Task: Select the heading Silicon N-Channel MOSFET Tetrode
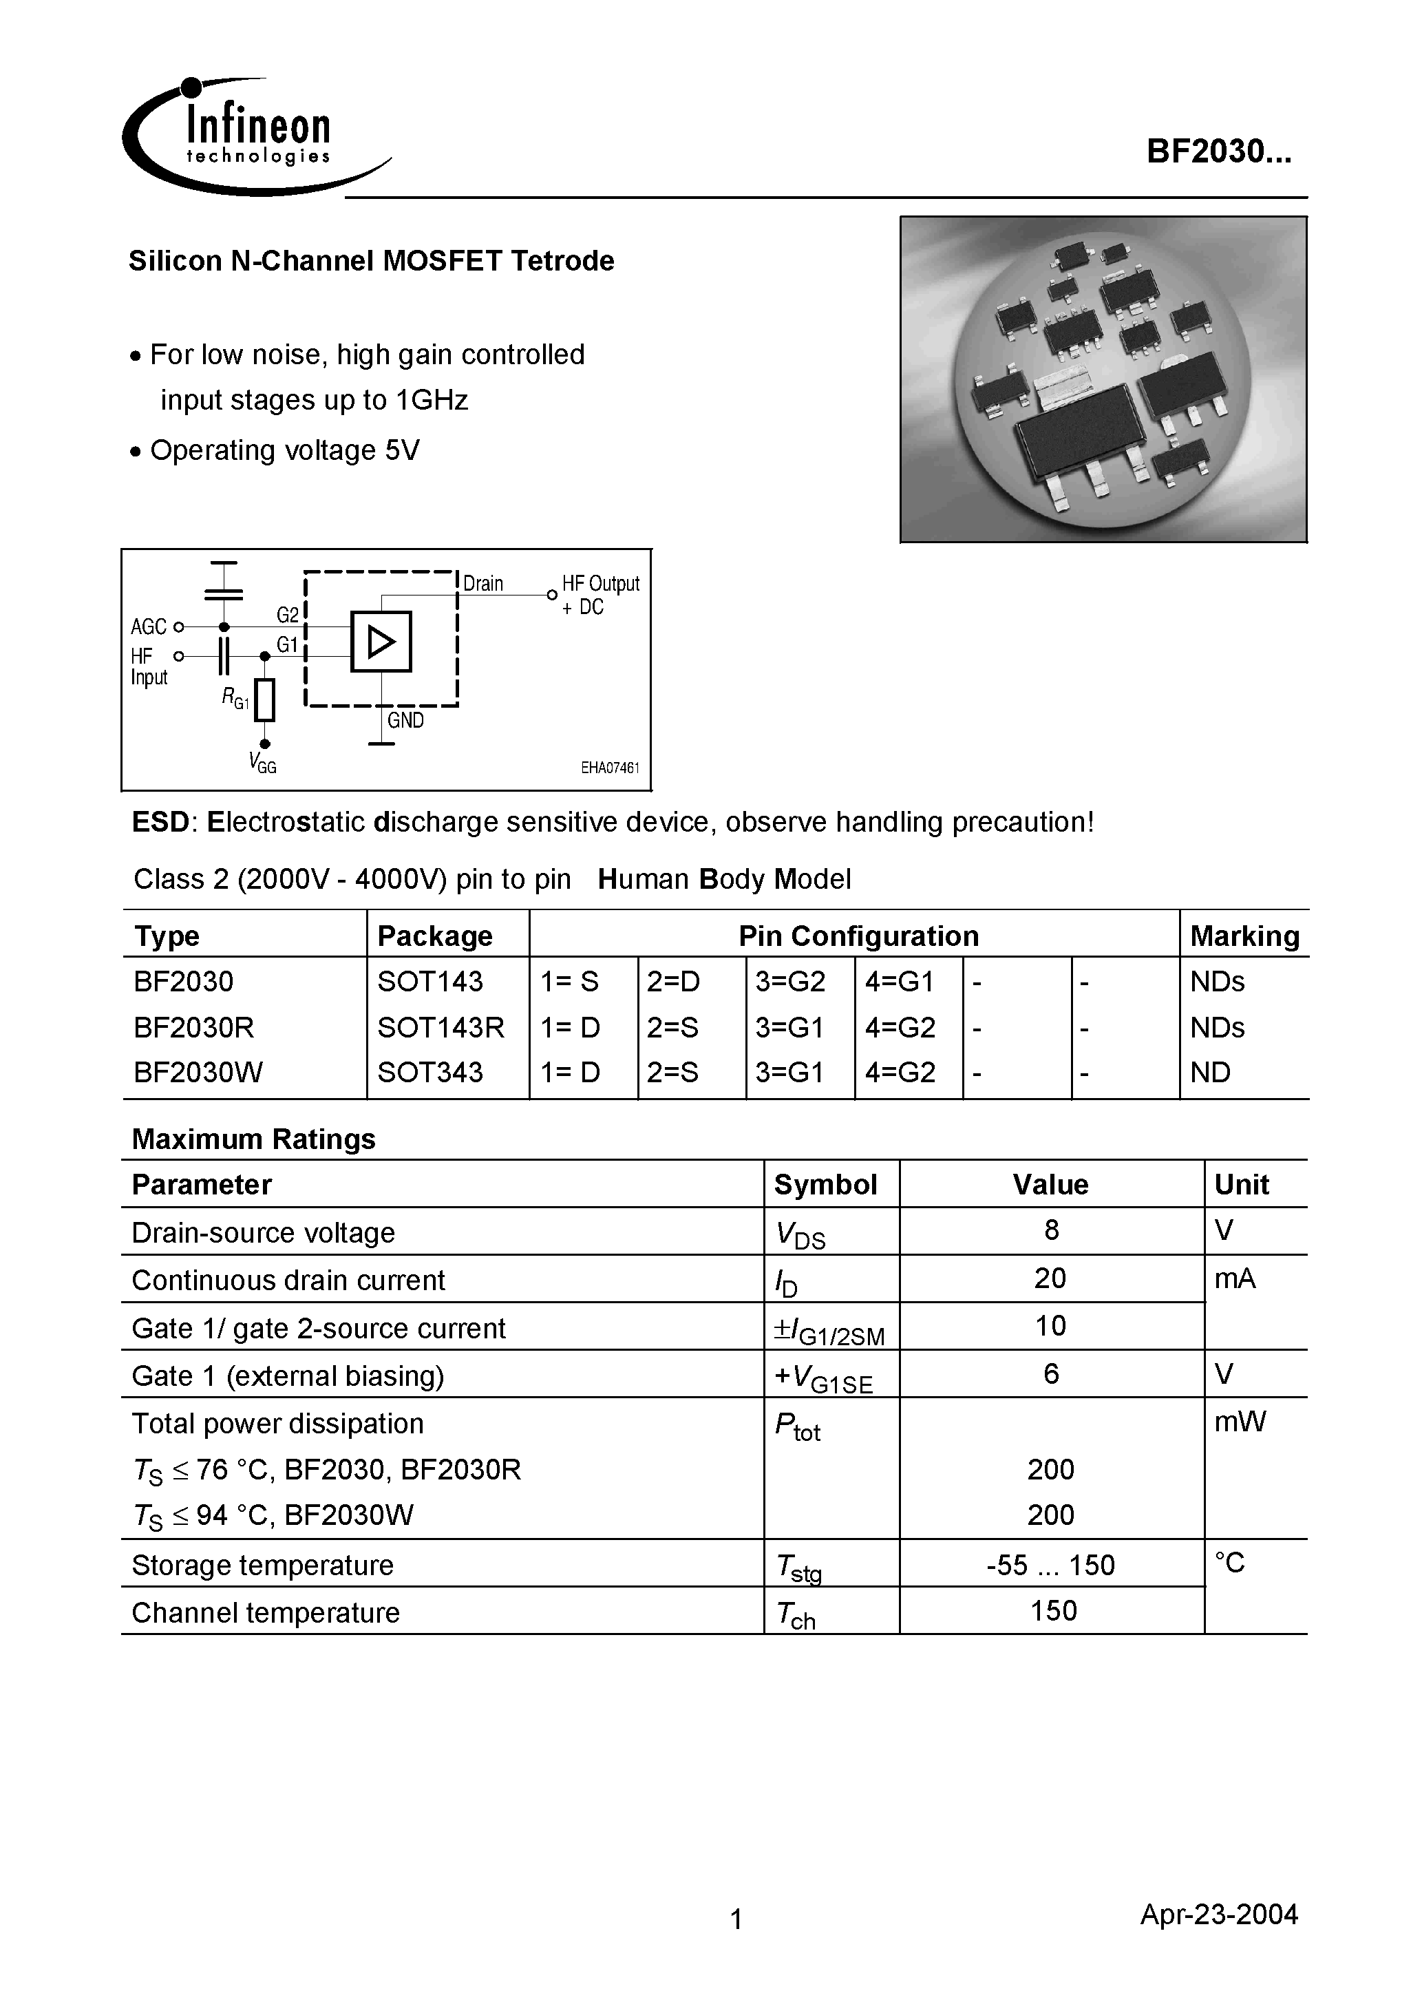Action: [371, 262]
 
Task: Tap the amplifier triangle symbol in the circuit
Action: [381, 642]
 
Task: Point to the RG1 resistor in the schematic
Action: [265, 699]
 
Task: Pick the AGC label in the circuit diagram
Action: [148, 627]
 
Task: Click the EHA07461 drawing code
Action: [611, 768]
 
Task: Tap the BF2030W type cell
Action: [198, 1073]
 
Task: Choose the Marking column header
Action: [1244, 936]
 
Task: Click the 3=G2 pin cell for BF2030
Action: [790, 981]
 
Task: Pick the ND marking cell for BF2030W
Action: [1210, 1073]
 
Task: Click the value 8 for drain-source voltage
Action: [1051, 1230]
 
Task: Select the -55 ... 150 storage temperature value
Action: [1050, 1565]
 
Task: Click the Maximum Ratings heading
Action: [253, 1139]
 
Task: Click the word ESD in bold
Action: [160, 823]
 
